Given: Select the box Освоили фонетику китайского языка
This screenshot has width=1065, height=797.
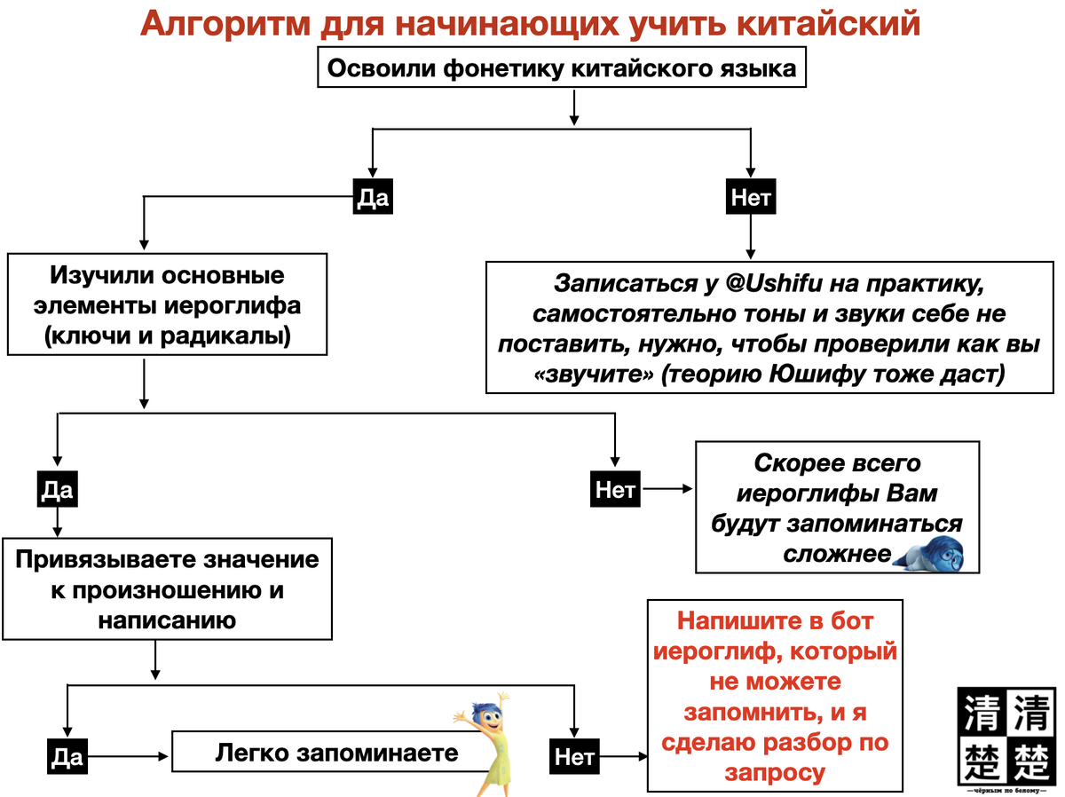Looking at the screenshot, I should pos(562,67).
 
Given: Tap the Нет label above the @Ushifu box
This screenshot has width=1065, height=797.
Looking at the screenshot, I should pos(751,198).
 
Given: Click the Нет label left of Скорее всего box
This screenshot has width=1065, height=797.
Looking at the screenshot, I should pos(614,490).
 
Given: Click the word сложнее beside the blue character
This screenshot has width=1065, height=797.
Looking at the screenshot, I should pos(835,554).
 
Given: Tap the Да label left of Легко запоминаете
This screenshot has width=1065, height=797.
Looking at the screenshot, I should pos(67,756).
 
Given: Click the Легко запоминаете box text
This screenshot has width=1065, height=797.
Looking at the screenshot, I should pos(336,754).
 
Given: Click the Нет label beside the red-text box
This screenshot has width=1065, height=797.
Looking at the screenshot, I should pos(573,757).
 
